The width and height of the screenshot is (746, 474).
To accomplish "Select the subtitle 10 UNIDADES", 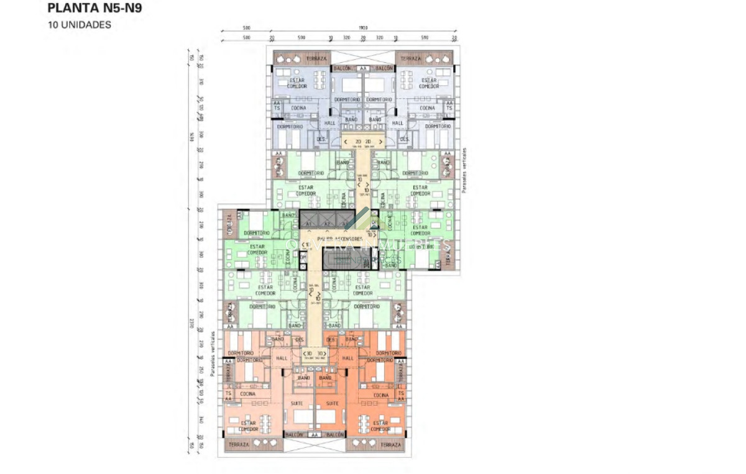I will coord(80,25).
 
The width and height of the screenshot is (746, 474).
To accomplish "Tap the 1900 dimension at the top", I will coord(363,28).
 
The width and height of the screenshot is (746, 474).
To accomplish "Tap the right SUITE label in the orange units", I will coord(333,403).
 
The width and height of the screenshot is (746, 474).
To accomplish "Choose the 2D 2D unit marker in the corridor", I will coord(362,142).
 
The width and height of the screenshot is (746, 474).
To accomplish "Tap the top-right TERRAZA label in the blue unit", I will coord(410,58).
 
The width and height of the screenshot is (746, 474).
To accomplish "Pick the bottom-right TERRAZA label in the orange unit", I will coord(392,445).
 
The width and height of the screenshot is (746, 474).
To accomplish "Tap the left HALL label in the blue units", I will coord(329,123).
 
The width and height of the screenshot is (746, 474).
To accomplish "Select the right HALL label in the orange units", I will coord(348,358).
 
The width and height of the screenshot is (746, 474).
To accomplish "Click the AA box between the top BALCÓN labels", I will coord(363,68).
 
